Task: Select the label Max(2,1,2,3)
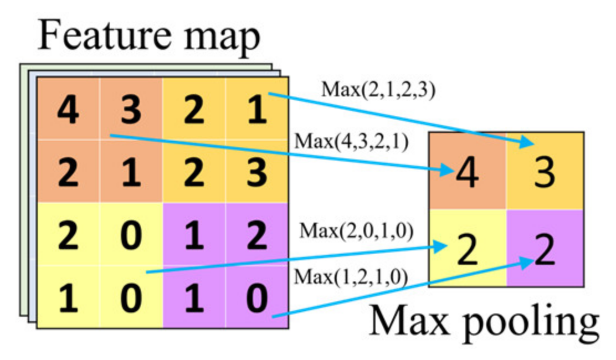378,89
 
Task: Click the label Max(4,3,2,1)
351,141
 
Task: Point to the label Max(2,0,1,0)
357,231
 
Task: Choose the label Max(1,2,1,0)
351,276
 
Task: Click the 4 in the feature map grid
68,110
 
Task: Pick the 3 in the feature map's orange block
131,110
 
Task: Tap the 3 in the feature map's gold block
256,172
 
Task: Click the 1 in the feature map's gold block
256,110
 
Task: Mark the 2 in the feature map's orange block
68,172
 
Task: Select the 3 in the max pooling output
545,172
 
